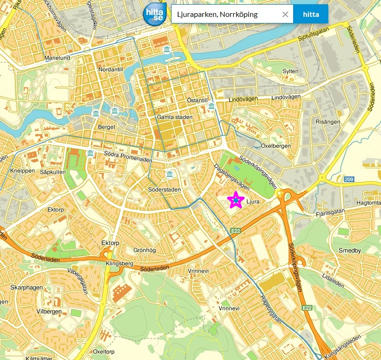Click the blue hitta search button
tap(311, 14)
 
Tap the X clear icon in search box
tap(285, 14)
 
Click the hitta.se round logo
tap(155, 15)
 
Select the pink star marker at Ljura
tap(235, 200)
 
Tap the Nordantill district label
tap(111, 69)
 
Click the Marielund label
tap(57, 58)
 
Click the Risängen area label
tap(328, 122)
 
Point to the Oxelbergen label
tap(276, 146)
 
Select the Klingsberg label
tap(120, 264)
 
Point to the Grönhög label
tap(144, 250)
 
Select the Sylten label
tap(290, 71)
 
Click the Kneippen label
tap(22, 171)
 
